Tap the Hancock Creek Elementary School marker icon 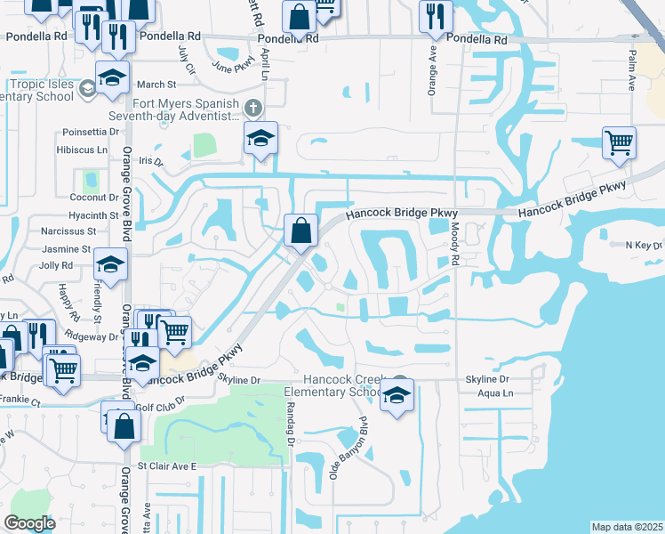click(x=397, y=396)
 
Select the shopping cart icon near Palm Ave click(x=619, y=142)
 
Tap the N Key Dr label click(x=644, y=245)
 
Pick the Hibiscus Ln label click(x=84, y=151)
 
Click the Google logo click(x=30, y=522)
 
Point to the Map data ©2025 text click(x=626, y=527)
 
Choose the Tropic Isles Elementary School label click(x=41, y=90)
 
